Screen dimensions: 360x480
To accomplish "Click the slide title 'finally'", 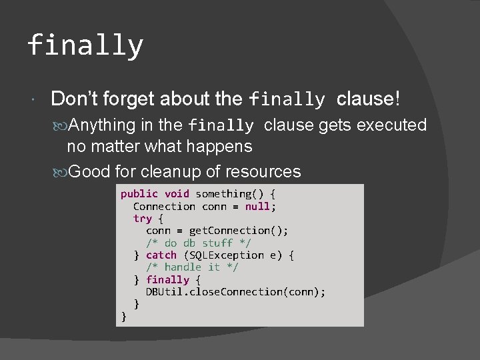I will coord(85,46).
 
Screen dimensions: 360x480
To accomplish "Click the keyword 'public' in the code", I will coord(139,194).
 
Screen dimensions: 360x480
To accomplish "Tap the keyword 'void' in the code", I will coord(177,194).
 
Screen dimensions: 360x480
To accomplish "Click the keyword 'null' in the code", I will coord(257,206).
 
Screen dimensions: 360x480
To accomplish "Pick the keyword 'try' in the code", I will coord(143,219).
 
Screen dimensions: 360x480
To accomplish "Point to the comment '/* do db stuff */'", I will coord(199,243).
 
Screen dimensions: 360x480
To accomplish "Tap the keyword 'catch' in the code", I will coord(161,255).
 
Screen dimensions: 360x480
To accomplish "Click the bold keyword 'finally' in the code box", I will coord(167,279).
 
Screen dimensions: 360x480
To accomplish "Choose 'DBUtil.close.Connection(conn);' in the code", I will coord(235,291).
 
